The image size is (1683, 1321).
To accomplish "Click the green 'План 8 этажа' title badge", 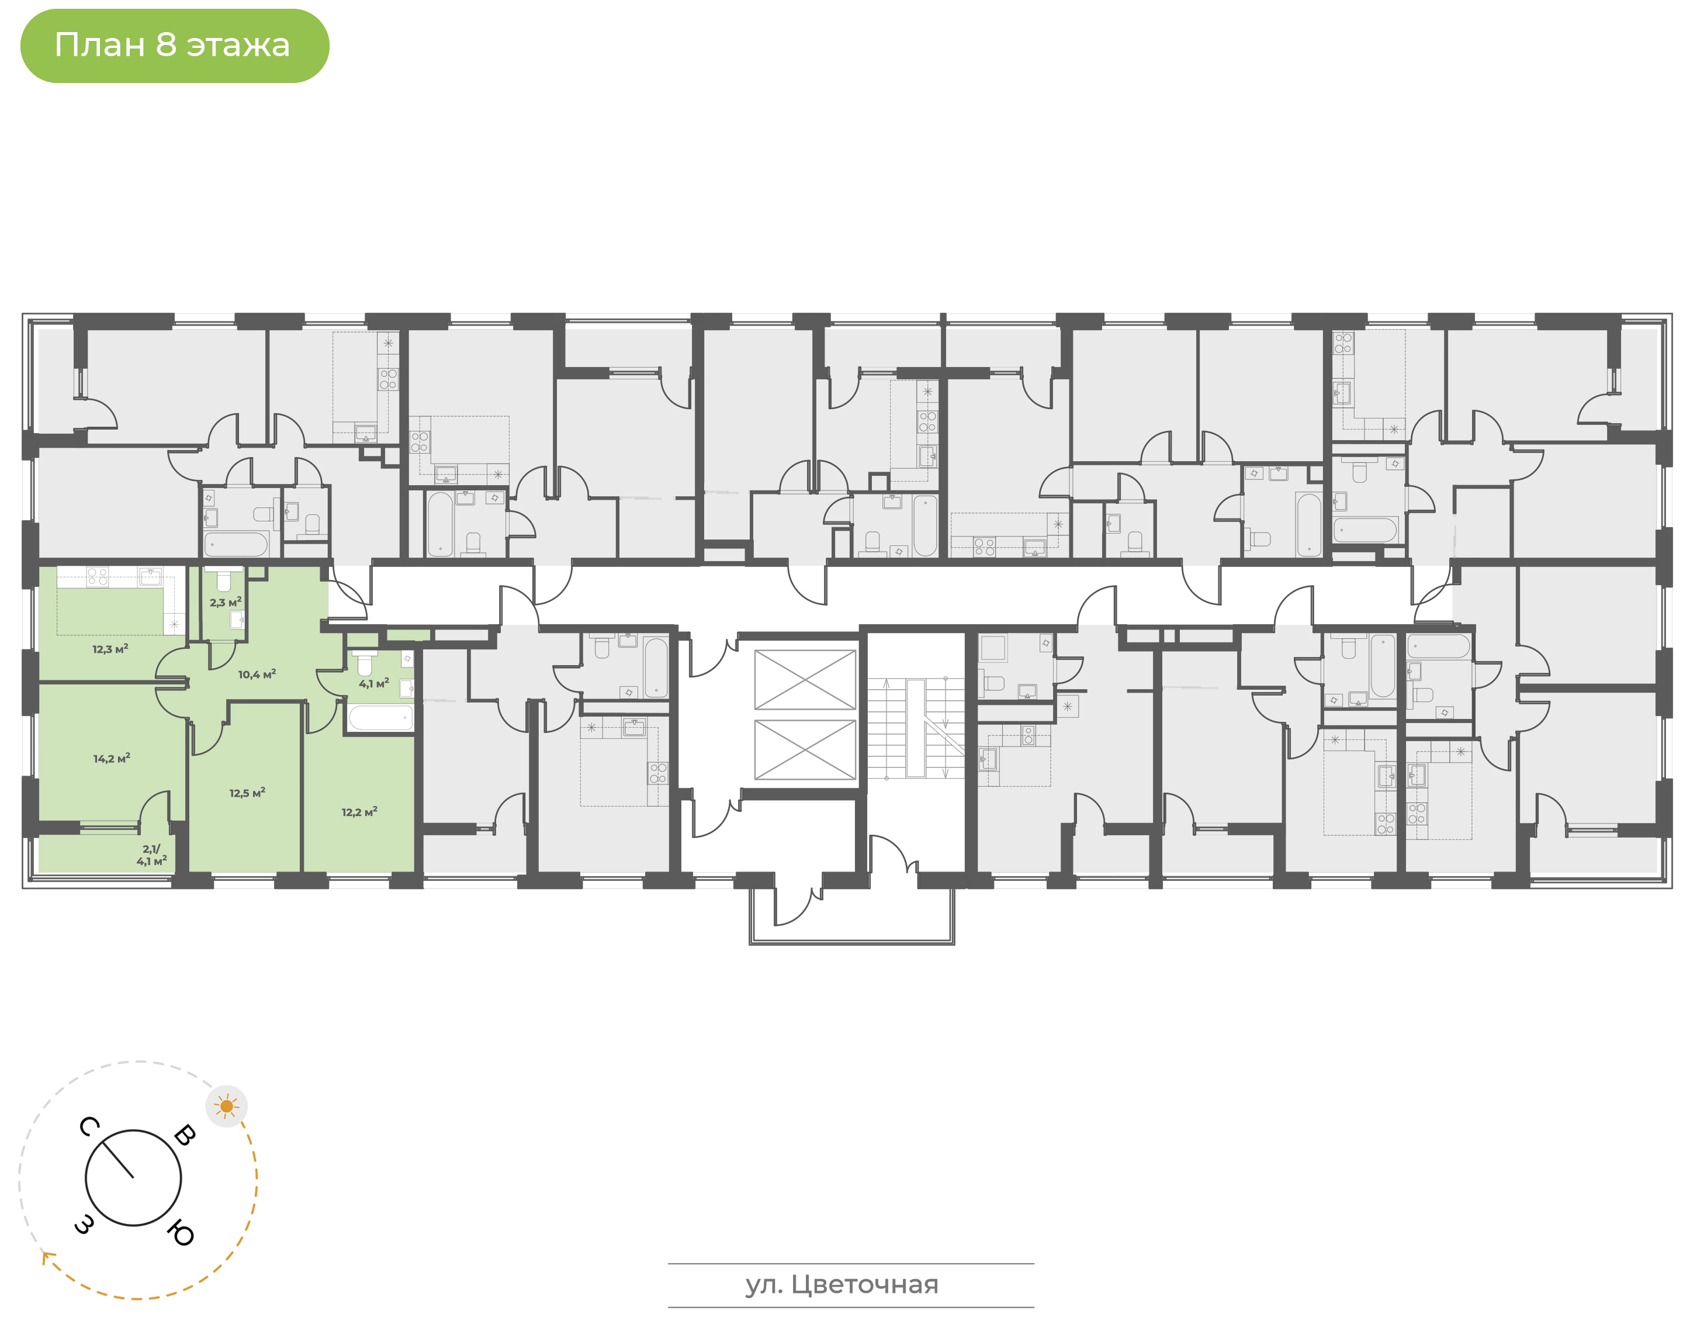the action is click(x=175, y=46).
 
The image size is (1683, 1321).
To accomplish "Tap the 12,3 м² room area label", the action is click(x=110, y=649).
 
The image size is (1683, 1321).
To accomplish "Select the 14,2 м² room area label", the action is click(x=112, y=759).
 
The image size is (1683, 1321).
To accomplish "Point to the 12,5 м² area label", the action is click(x=247, y=793).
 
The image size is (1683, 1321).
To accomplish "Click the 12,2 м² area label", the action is click(x=359, y=812).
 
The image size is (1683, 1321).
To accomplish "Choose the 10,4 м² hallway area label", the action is click(x=257, y=675).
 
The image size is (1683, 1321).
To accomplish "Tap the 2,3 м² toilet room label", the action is click(x=226, y=603).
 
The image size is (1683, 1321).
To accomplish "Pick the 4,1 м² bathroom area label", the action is click(x=374, y=684).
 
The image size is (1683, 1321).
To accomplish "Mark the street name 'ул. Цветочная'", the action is click(x=842, y=1285).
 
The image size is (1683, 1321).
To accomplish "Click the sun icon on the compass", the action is click(x=227, y=1106).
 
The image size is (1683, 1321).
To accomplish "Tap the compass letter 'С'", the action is click(x=89, y=1127).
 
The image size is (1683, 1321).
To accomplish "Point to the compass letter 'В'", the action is click(x=185, y=1135).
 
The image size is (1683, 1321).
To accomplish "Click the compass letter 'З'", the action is click(x=85, y=1223).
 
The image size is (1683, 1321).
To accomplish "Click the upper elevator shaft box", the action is click(x=805, y=680).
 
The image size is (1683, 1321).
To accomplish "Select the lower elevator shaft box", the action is click(x=805, y=749).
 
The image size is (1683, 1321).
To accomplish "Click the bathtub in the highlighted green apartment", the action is click(x=380, y=718).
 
